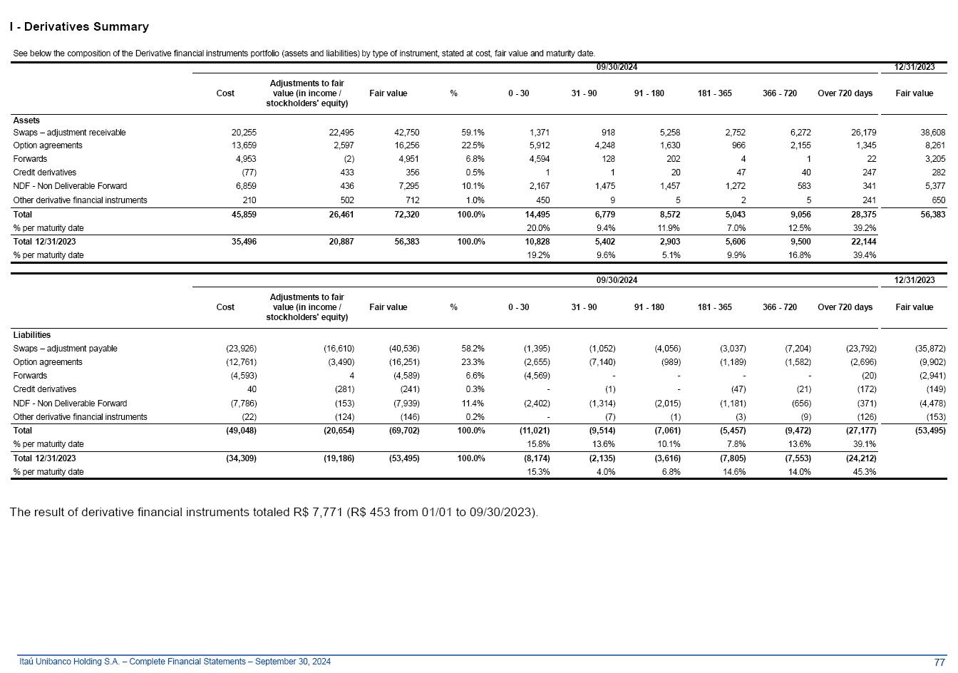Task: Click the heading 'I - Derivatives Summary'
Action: tap(79, 27)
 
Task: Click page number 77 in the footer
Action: tap(939, 662)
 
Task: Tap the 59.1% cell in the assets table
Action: tap(473, 133)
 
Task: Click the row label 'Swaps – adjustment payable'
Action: tap(65, 349)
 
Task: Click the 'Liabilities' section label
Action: tap(31, 335)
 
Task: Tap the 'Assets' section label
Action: tap(26, 120)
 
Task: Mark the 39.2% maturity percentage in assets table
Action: tap(865, 228)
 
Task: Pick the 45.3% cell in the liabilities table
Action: tap(865, 472)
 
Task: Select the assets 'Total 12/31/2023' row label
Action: tap(44, 242)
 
